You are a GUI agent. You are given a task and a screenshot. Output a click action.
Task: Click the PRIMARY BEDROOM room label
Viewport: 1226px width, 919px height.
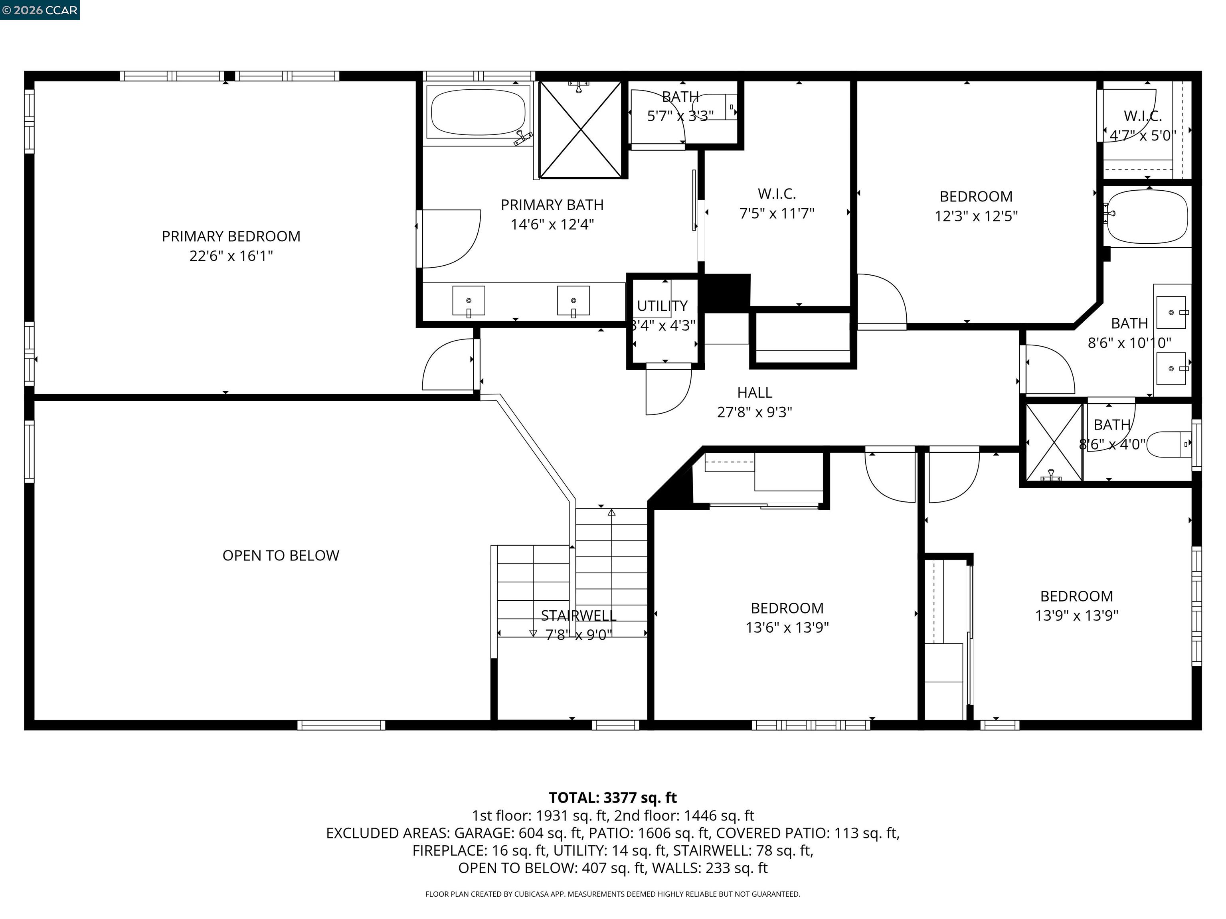231,237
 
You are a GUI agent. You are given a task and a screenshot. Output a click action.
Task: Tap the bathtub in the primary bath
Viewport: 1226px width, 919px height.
478,112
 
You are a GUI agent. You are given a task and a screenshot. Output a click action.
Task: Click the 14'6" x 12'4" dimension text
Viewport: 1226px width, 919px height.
552,224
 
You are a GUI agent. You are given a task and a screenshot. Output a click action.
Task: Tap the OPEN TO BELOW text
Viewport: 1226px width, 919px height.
281,556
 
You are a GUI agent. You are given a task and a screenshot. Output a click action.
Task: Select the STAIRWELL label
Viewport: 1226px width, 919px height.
578,615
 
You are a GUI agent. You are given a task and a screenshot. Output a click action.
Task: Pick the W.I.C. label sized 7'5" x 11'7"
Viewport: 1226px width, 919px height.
777,194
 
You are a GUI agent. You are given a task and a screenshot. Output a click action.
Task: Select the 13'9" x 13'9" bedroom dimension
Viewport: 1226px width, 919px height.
1076,616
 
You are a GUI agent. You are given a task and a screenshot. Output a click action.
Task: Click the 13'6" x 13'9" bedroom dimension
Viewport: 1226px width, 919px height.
787,627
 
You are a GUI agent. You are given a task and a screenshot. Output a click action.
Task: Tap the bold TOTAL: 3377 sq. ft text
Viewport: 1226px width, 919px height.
613,798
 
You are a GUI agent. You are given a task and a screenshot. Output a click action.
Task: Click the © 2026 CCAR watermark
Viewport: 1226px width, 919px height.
40,10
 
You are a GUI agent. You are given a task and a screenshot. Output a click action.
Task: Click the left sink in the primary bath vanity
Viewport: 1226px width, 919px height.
469,301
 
